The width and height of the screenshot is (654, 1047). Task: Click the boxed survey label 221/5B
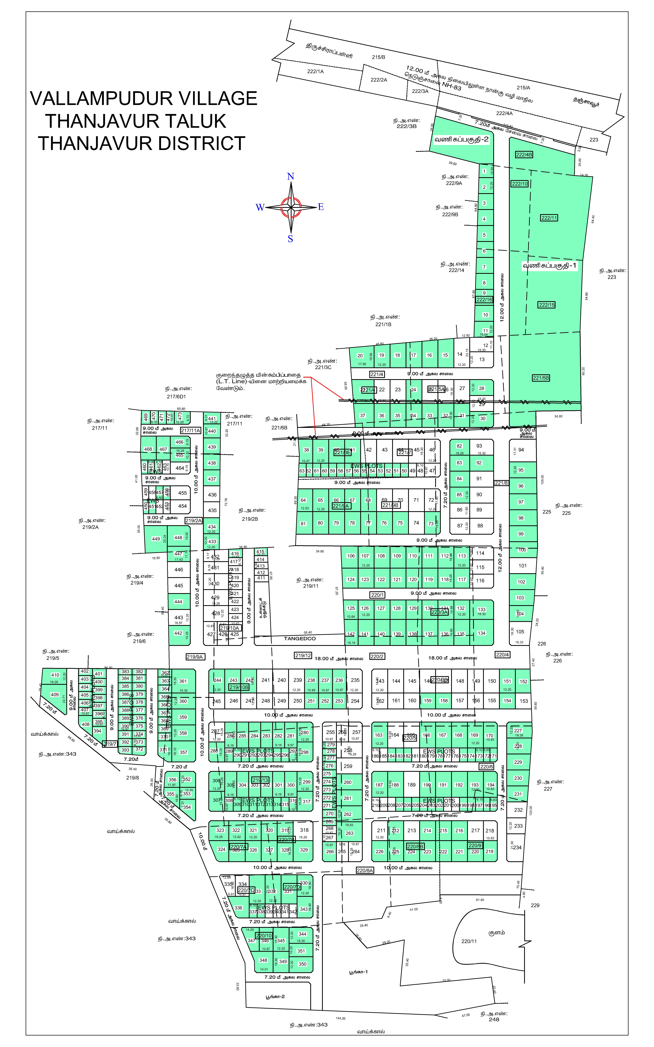pos(541,378)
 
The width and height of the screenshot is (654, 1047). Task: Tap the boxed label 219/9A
pos(195,657)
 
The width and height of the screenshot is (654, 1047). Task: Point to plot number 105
pos(520,632)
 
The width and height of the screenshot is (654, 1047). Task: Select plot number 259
pos(348,766)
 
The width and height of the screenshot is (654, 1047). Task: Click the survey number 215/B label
pos(379,57)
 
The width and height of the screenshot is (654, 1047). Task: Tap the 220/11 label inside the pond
pos(469,941)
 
